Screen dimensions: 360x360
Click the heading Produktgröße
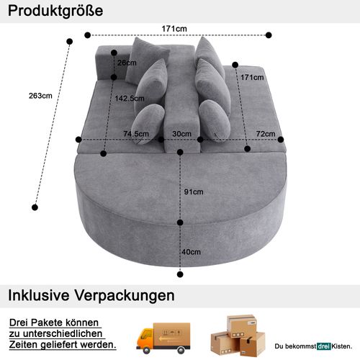[56, 12]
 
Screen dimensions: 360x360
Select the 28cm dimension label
[127, 63]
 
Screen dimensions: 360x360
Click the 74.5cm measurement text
[136, 133]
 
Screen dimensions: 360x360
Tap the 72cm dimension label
[266, 134]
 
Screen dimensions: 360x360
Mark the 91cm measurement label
[193, 192]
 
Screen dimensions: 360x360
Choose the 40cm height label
[191, 252]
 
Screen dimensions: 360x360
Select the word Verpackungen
[130, 295]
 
